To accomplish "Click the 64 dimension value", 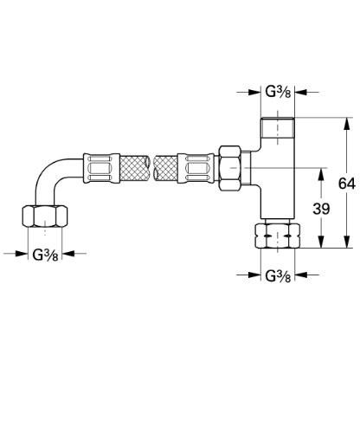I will point(345,184).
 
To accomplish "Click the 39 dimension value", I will point(321,209).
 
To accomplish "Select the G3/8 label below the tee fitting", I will point(278,276).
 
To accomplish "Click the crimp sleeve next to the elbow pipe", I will point(97,165).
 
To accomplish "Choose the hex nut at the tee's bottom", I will point(278,235).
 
